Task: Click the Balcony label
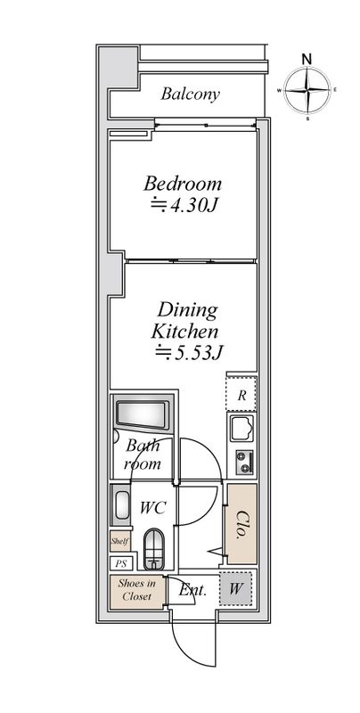pos(191,94)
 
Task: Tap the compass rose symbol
pos(307,90)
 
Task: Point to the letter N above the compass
pos(307,58)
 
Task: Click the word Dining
pos(187,311)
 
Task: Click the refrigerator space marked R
pos(241,394)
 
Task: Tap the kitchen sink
pos(242,428)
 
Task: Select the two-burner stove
pos(244,462)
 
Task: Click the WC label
pos(152,507)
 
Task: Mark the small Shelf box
pos(120,542)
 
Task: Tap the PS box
pos(121,564)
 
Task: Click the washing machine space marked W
pos(235,589)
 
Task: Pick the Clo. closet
pos(241,524)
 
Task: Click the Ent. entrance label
pos(192,590)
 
